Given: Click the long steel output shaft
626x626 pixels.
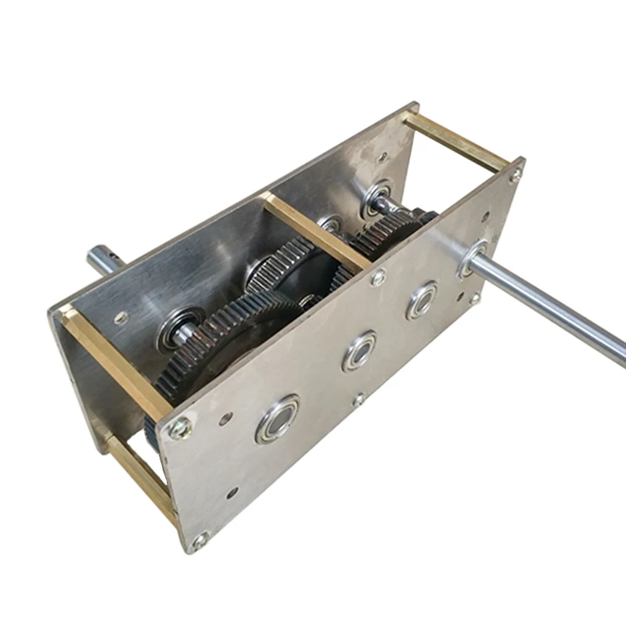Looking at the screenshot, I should pos(556,305).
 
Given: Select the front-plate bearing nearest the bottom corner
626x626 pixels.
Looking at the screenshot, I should pos(277,419).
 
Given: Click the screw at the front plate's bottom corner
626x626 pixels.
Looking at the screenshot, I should pos(201,539).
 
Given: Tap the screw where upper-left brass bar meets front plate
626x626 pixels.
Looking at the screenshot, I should pos(180,427).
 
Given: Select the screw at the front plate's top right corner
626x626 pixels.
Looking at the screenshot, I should pos(514,176).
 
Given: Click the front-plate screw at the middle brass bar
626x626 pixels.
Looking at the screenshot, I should pos(378,277).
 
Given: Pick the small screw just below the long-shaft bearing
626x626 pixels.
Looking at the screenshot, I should pos(474,298).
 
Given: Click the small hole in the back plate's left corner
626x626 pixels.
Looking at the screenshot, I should pos(121,318).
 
